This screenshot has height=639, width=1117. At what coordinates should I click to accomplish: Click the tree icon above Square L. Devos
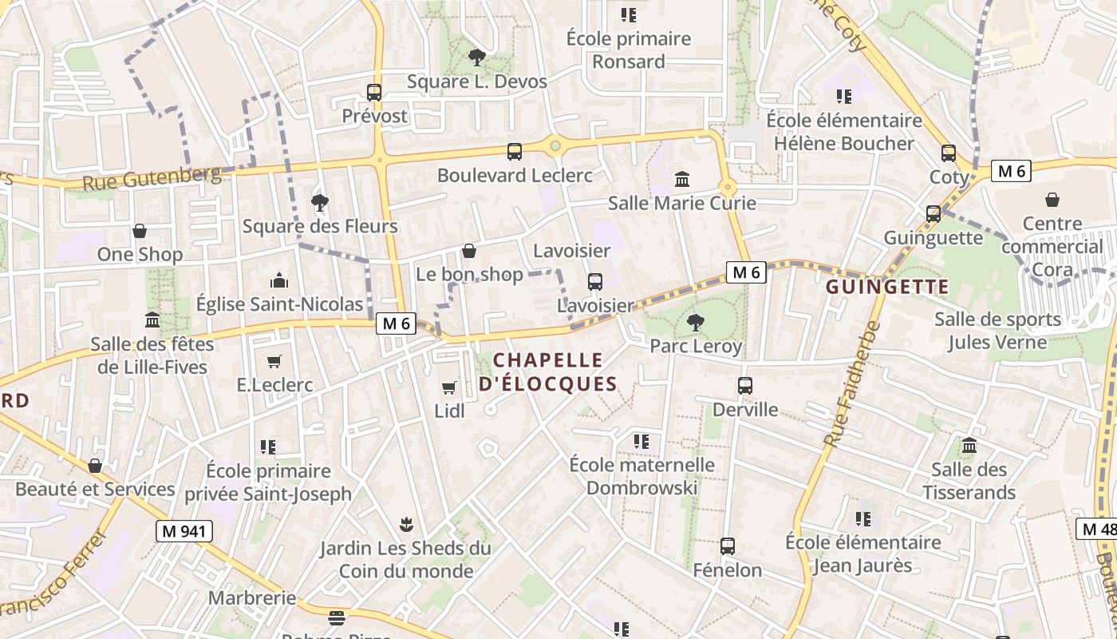(477, 57)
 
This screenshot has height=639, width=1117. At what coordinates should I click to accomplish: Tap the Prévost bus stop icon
(374, 92)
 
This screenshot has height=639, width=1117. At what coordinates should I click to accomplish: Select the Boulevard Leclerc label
(515, 175)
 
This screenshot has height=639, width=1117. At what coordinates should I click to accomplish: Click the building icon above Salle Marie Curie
(682, 179)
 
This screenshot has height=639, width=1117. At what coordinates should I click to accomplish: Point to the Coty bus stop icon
(949, 153)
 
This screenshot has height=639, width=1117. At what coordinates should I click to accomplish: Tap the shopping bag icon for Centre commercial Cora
(1052, 200)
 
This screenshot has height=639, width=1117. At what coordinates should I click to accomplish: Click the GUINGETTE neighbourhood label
(887, 287)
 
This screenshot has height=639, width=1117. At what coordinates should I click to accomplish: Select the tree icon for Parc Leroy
(696, 323)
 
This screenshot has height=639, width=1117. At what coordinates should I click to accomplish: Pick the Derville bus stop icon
(745, 386)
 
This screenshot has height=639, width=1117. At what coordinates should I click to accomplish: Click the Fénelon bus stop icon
(728, 546)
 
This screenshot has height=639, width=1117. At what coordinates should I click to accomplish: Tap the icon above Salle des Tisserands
(969, 446)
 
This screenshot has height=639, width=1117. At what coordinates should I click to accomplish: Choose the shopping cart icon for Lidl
(449, 387)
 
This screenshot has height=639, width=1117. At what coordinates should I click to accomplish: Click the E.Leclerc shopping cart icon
(274, 361)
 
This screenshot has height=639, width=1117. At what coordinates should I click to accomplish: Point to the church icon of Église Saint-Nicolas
(279, 280)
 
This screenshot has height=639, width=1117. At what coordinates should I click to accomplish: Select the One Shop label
(140, 254)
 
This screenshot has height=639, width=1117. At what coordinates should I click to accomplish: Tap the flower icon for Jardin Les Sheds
(406, 525)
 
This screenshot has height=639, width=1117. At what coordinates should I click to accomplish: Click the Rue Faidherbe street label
(851, 384)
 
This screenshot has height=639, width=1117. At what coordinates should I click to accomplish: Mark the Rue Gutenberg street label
(152, 177)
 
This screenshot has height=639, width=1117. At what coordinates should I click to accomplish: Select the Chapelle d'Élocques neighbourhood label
(548, 371)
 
